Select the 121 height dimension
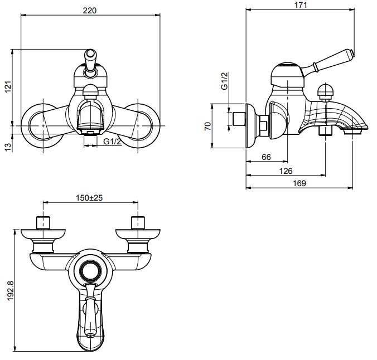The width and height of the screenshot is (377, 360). [7, 87]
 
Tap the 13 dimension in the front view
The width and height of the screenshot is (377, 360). [7, 145]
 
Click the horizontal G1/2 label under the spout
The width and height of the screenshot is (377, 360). [112, 142]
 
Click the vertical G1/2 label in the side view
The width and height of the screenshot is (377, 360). [225, 81]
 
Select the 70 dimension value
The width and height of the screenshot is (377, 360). [207, 126]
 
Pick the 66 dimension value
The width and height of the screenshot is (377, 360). [266, 158]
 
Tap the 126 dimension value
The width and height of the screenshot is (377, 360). [286, 171]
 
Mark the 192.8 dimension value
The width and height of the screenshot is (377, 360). [7, 291]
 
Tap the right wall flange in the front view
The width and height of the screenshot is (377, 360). [137, 127]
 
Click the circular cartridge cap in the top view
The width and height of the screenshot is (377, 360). [89, 272]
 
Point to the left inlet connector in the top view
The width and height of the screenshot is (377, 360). [43, 222]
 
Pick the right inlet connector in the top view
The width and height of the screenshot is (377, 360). [137, 222]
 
